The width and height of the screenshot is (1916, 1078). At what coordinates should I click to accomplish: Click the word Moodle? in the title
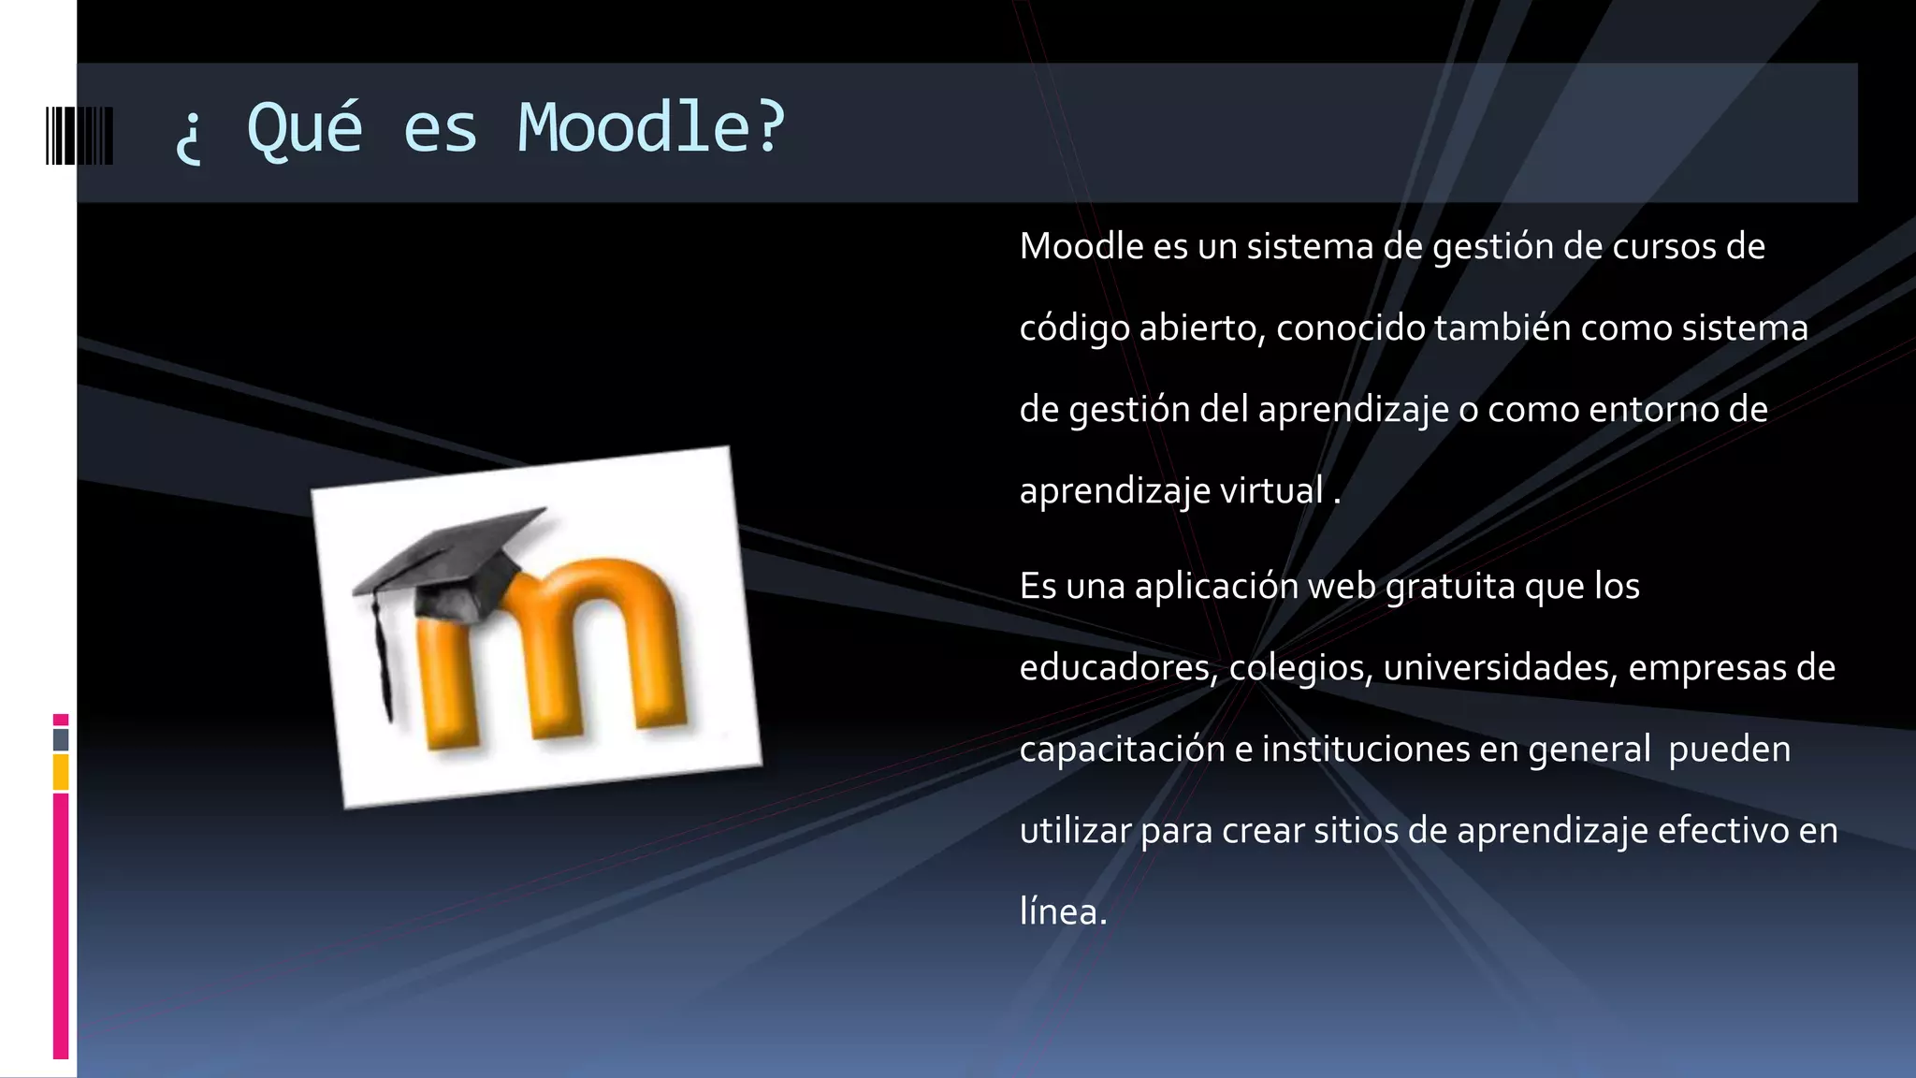651,127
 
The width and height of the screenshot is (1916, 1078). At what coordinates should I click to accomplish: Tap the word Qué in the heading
304,127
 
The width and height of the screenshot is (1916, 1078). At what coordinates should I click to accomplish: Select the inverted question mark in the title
188,136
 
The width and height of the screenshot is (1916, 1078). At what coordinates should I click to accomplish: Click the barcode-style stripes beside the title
80,136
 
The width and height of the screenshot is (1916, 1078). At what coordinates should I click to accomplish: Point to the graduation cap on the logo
449,561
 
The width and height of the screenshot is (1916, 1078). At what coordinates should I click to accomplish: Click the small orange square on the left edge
61,772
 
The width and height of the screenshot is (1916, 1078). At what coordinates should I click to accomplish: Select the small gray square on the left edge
61,739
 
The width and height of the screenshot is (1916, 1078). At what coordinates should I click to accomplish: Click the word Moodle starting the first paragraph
1081,246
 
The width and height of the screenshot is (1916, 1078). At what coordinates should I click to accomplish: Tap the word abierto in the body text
1201,328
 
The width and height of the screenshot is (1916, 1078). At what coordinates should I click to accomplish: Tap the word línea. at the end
1063,911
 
